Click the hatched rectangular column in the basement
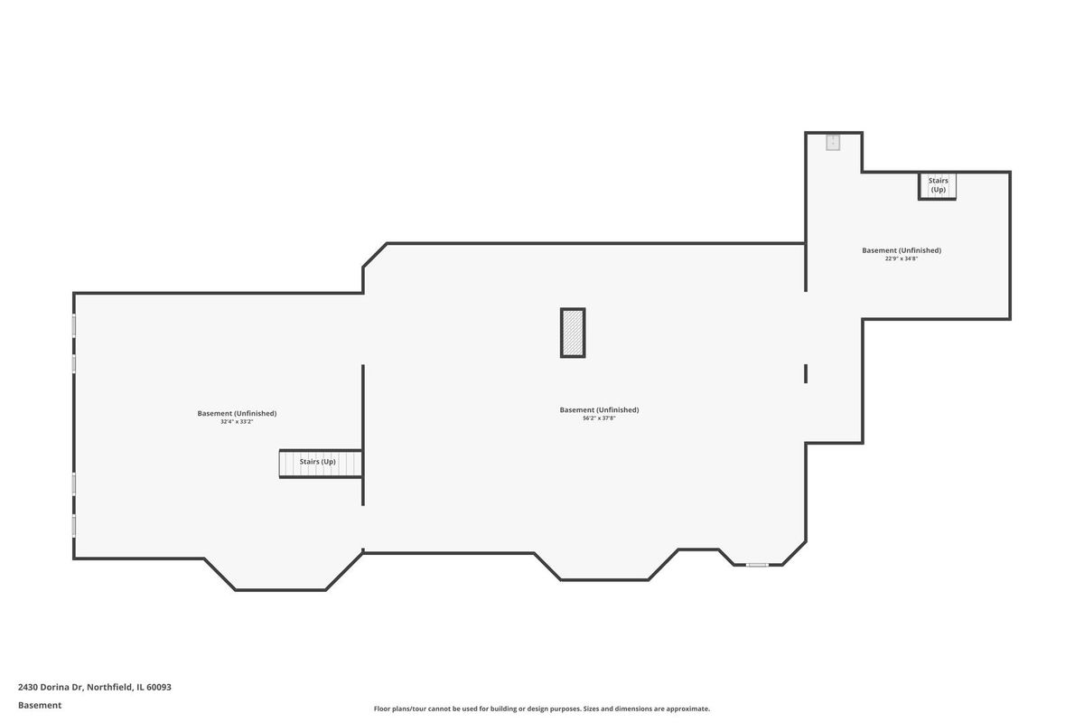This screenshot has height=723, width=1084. point(573,333)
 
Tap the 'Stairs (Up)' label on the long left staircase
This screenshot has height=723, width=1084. point(317,462)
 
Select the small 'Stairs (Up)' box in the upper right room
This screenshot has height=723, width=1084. point(938,185)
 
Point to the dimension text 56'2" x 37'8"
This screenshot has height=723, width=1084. point(599,418)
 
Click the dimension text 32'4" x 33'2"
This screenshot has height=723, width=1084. point(237,422)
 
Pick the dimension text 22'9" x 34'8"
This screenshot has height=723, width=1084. point(902,258)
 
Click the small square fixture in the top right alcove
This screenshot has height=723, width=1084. point(833,143)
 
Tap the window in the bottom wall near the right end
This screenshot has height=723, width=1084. point(757,565)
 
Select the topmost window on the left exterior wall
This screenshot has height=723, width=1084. point(73,325)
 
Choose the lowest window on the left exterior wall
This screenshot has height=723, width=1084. point(73,525)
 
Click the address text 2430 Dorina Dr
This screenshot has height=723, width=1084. point(51,687)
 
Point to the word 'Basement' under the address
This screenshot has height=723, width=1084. point(40,706)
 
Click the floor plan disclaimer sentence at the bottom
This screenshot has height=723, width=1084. point(541,709)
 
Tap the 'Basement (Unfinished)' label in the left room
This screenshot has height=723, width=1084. point(237,414)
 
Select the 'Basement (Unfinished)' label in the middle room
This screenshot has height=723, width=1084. point(599,410)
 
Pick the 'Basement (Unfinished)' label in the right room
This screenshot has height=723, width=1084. point(902,250)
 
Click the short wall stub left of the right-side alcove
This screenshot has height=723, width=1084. point(806,374)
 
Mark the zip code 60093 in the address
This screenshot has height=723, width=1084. point(159,687)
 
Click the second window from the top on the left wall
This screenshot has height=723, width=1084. point(73,363)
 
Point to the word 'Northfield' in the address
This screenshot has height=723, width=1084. point(109,687)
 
